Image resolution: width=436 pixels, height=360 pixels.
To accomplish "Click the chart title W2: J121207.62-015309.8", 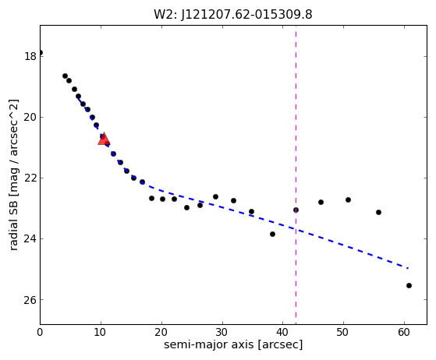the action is (x=233, y=14).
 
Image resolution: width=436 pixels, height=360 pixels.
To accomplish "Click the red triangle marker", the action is (x=104, y=139).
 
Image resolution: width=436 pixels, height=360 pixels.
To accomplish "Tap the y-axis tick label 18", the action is (x=30, y=56).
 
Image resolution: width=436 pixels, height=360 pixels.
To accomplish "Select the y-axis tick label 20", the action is (x=30, y=117).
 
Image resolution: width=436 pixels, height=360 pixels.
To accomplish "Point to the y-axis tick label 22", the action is (x=30, y=178).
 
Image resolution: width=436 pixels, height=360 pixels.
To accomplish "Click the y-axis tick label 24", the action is (x=30, y=239).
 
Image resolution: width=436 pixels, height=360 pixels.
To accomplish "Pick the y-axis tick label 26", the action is (x=30, y=300).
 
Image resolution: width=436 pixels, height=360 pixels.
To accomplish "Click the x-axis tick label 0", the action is (x=40, y=332).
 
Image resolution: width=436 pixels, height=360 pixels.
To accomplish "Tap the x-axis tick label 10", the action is (x=101, y=332).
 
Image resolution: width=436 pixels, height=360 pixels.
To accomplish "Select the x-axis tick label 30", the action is (x=222, y=332).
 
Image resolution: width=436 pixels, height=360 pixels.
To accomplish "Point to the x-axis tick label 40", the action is (x=283, y=332).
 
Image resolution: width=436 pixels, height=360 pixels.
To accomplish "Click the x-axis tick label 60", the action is (x=404, y=332).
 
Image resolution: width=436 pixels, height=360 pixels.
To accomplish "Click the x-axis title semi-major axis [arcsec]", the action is (x=233, y=344).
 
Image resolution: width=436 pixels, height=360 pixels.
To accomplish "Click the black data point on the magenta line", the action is (x=296, y=210).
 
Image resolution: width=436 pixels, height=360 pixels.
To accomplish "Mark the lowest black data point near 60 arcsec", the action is (x=409, y=285).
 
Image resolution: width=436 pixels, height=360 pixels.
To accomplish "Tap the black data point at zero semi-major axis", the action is (x=41, y=53).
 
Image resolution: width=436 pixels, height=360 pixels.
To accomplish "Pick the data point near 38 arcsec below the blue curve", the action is (x=272, y=235).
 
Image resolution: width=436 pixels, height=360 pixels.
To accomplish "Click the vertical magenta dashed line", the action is (x=296, y=175).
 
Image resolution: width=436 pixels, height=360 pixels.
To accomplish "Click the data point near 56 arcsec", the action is (x=378, y=212).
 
